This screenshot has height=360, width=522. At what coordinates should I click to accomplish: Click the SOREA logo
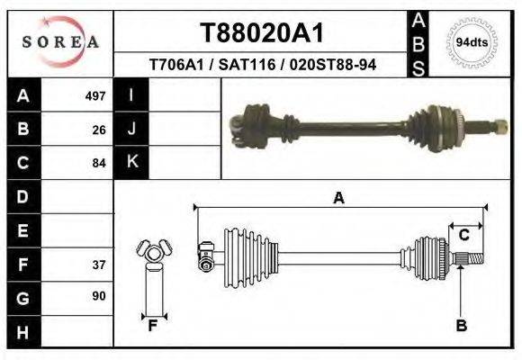coord(60,42)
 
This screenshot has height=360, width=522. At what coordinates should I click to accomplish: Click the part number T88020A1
coord(261,32)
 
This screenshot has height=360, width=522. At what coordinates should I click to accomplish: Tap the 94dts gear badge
coord(472,42)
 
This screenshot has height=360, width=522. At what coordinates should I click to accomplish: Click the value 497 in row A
coord(95,95)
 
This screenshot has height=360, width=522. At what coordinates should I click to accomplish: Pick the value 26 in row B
coord(99,130)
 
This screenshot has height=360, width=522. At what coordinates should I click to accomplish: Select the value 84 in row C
coord(99,164)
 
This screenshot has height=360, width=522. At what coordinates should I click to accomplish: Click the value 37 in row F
coord(99,265)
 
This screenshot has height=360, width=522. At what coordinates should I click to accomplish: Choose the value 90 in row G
coord(99,296)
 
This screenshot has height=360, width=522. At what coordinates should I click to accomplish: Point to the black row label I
coord(131,95)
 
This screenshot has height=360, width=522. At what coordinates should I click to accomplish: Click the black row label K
coord(131,163)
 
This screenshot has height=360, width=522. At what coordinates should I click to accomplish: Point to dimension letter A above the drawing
coord(338,198)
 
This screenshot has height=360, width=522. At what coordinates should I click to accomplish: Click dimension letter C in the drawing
coord(464,236)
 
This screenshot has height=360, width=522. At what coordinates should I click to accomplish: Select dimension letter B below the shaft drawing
coord(461,326)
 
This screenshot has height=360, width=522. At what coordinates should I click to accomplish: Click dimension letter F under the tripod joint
coord(153,326)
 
